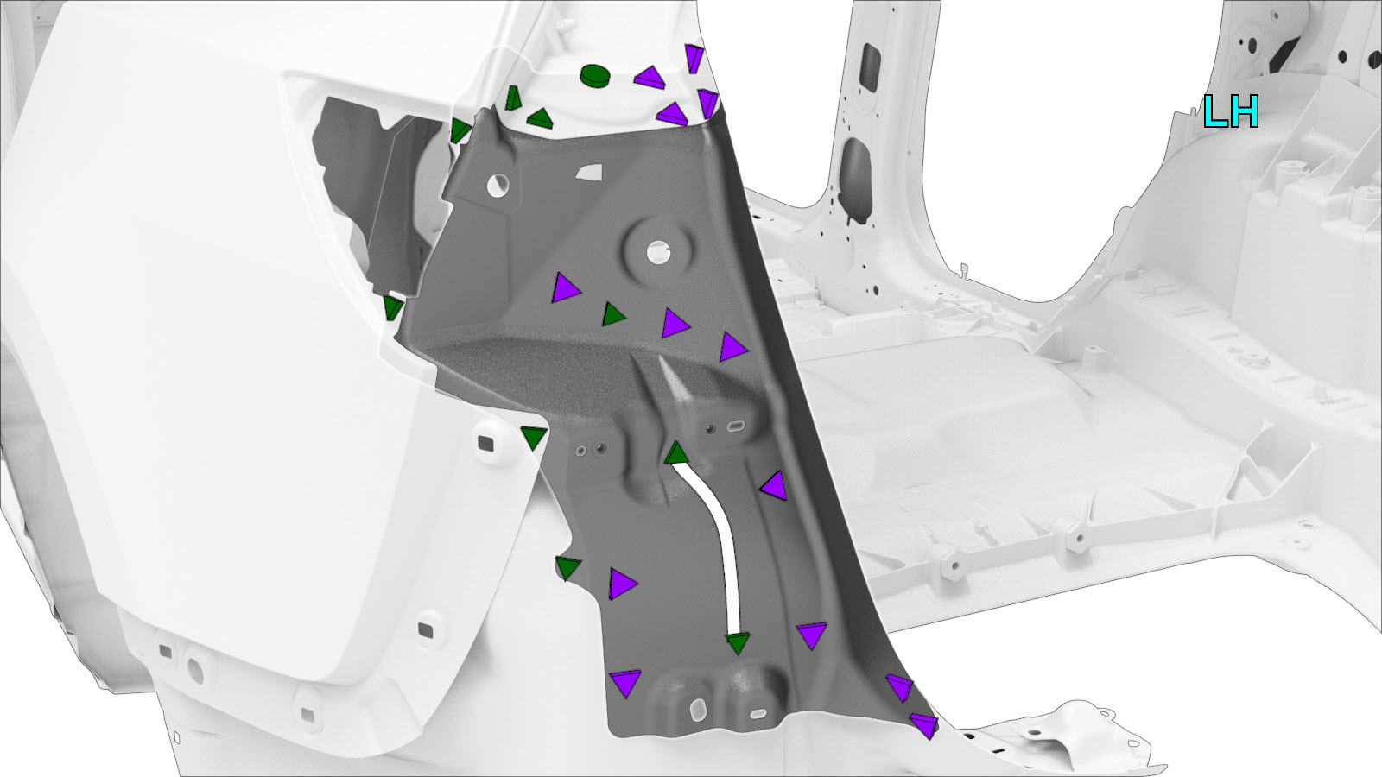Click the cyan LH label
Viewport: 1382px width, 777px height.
[1231, 111]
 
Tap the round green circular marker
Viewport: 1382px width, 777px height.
[595, 75]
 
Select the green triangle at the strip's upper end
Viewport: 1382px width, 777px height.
[676, 453]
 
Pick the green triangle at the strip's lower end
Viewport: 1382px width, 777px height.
[738, 642]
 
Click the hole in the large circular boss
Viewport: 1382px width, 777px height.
[657, 251]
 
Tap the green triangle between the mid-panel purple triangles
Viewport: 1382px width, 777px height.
[613, 314]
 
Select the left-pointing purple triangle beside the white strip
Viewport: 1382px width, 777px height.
[774, 486]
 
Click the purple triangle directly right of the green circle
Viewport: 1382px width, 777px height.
[650, 78]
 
